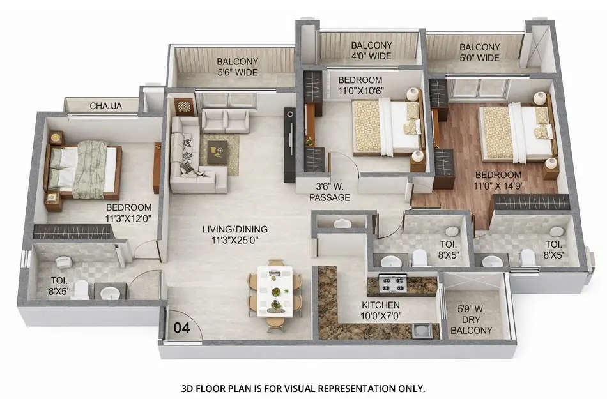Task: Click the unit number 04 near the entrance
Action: click(181, 329)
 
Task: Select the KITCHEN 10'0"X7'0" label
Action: click(381, 311)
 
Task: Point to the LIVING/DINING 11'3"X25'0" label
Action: click(234, 234)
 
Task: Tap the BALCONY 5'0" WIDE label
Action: click(479, 52)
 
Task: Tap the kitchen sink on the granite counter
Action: click(421, 329)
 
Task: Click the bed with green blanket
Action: click(83, 169)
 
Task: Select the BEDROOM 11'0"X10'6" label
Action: click(360, 85)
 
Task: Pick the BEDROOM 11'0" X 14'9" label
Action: click(498, 180)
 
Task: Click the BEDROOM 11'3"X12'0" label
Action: click(128, 213)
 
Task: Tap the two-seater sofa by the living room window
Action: click(226, 121)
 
